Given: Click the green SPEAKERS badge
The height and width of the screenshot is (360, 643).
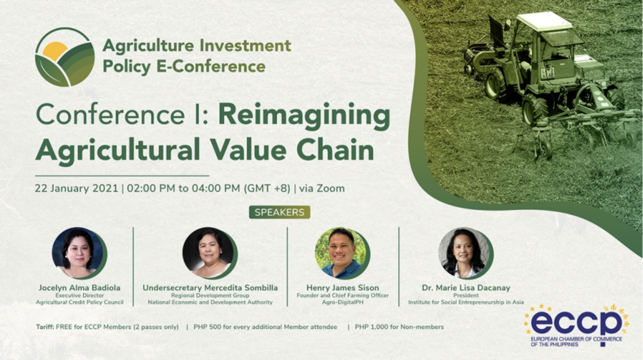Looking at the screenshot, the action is coord(279,212).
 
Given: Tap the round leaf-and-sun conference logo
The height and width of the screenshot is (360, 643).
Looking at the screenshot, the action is coord(65,57).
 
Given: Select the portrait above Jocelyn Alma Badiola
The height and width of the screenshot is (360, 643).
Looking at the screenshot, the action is coord(79,253).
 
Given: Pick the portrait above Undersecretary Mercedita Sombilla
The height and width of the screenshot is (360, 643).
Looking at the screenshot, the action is coord(210,253).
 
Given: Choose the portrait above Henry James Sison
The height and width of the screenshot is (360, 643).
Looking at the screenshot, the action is coord(342,253).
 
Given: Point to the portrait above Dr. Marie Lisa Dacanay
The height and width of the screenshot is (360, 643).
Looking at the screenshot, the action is coord(466,253).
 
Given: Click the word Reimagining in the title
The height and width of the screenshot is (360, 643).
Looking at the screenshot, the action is coord(304,116).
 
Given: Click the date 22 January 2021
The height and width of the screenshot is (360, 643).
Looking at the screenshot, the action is coord(76,188).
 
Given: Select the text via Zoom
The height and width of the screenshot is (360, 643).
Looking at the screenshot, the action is coord(322,188).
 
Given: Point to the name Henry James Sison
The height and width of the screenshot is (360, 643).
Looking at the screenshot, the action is coord(342,288).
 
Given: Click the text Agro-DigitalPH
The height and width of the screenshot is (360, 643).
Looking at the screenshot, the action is coord(342,302).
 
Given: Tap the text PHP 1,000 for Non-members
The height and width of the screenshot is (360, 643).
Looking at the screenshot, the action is coord(399,327).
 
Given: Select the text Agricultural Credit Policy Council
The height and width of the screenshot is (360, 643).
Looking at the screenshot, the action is coord(80,302).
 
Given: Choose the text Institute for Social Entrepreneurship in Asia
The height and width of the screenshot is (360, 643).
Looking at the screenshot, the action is coord(466,302).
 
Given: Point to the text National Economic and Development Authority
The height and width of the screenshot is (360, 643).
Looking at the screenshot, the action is coord(210,302).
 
